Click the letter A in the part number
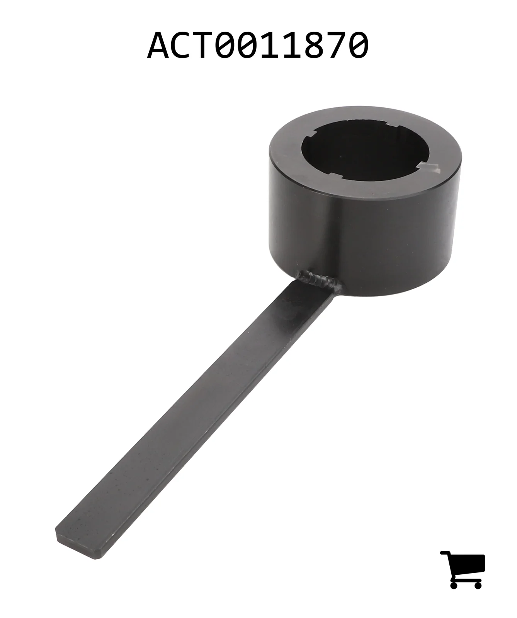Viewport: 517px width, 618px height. [158, 46]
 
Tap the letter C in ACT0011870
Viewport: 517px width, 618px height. [181, 46]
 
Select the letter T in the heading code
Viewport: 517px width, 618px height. [203, 46]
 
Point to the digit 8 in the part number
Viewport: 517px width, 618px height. [313, 46]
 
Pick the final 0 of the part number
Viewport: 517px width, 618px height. [358, 46]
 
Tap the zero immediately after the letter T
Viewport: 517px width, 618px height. [225, 46]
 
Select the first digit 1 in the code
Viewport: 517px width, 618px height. [269, 46]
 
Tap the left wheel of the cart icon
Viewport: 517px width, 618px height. [454, 584]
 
